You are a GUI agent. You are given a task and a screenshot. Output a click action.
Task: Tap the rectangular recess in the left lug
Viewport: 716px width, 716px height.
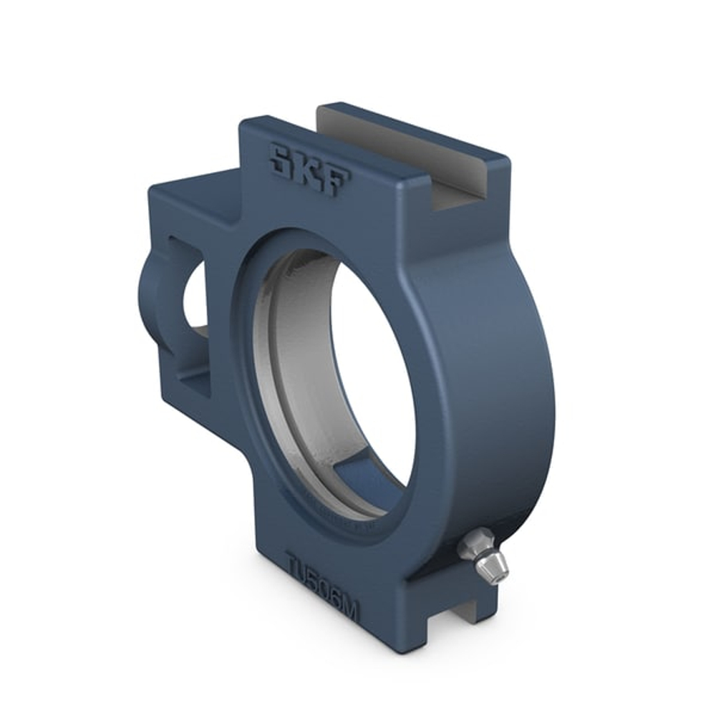[x=190, y=358]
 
